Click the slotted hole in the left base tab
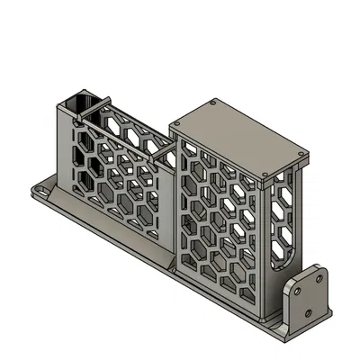pos(42,191)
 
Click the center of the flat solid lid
pos(240,139)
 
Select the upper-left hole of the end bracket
pos(298,290)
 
